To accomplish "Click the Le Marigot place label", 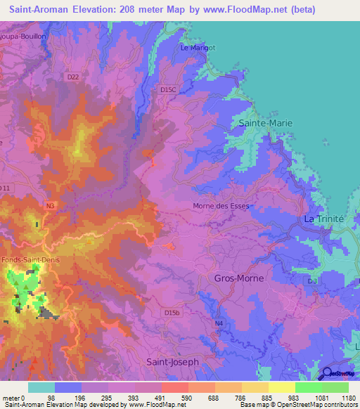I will tap(196, 48).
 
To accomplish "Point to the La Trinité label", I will tap(323, 219).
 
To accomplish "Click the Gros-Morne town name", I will tap(238, 278).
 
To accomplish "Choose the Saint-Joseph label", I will tap(173, 361).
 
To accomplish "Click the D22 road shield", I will tap(73, 77).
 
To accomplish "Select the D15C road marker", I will tap(168, 90).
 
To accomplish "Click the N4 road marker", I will tap(219, 323).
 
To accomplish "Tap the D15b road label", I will tap(172, 312).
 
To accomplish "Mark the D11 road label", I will tap(6, 188).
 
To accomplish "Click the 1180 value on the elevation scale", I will tap(348, 397).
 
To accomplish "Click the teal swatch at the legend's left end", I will tap(41, 387).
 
